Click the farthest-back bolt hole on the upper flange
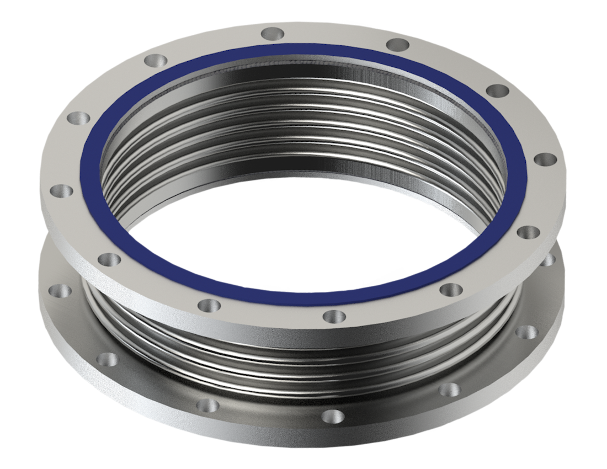[271, 34]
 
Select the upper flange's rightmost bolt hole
[547, 160]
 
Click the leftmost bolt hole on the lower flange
[57, 290]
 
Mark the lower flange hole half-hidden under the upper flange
[548, 259]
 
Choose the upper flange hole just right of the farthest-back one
[397, 45]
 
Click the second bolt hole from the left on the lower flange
[106, 359]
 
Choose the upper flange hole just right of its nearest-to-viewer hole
[451, 289]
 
